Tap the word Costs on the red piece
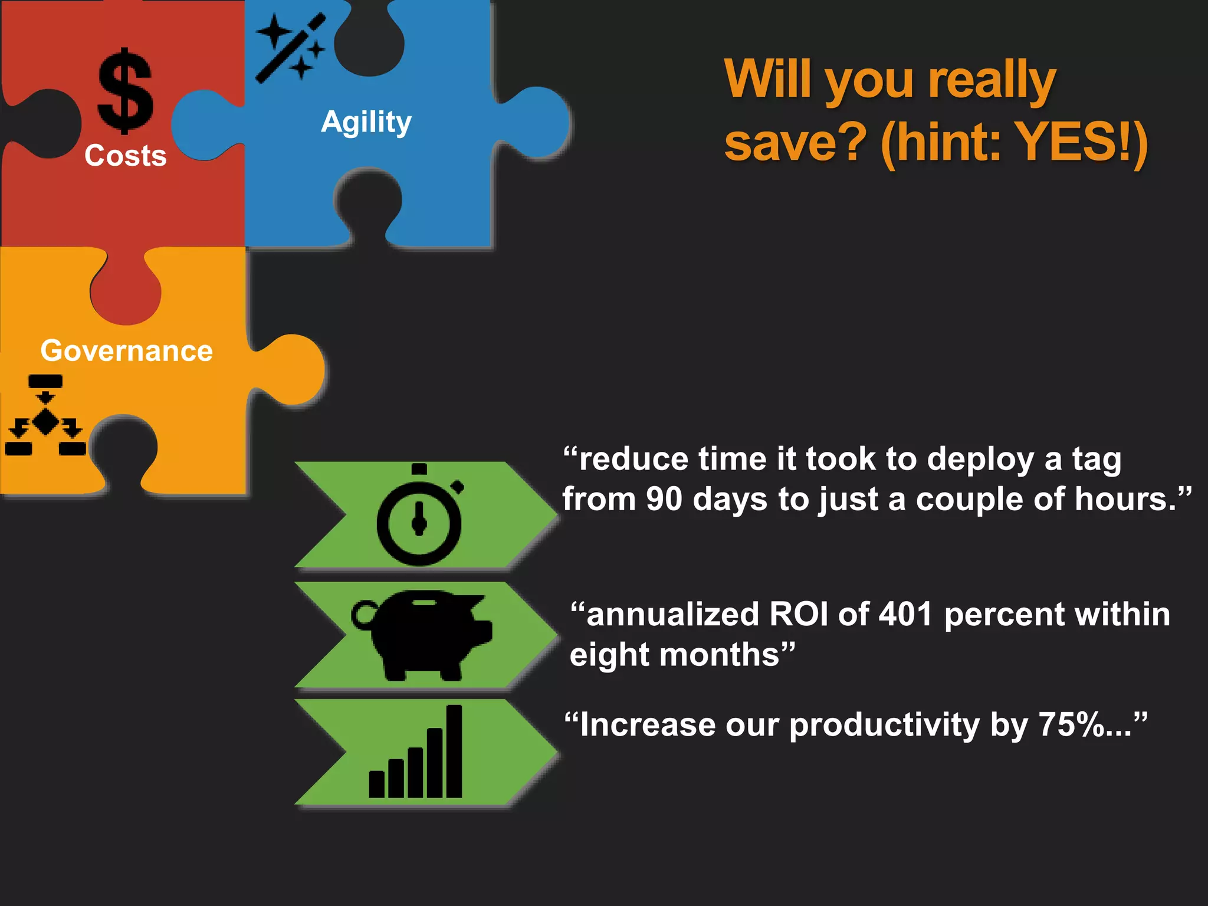126,156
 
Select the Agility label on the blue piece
366,123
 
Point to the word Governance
126,351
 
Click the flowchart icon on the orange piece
45,415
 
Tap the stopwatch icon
419,516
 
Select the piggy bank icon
422,635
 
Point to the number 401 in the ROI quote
905,614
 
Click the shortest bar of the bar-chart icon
376,784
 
